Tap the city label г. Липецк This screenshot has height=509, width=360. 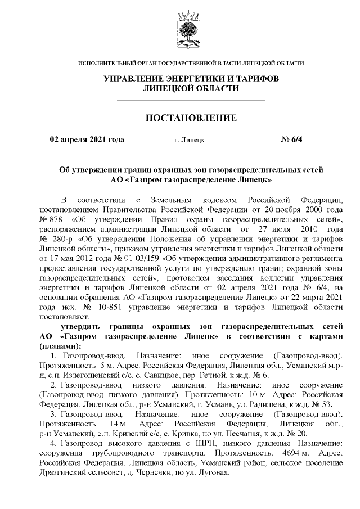point(190,139)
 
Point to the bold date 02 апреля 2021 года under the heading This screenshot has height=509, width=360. point(87,139)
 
